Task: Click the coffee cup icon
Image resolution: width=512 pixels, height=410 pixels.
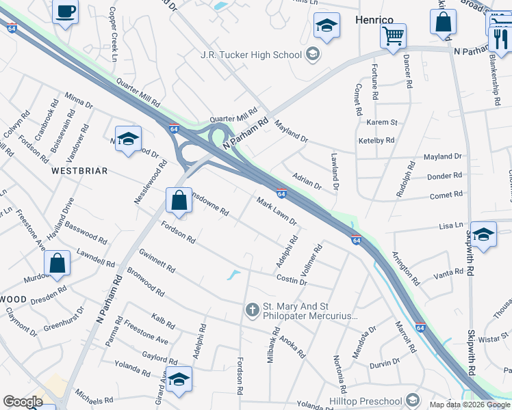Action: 65,12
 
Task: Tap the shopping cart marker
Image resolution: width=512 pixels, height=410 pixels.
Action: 393,36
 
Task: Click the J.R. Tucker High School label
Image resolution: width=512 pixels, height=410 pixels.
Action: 251,55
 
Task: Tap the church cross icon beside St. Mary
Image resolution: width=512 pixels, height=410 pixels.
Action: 252,310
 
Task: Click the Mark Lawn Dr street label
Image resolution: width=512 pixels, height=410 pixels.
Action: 277,211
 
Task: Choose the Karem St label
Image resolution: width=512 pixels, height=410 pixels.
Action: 382,122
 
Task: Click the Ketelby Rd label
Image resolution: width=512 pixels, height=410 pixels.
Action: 376,140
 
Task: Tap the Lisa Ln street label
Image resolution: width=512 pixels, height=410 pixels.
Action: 451,225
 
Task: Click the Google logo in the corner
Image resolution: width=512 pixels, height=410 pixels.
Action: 23,402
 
